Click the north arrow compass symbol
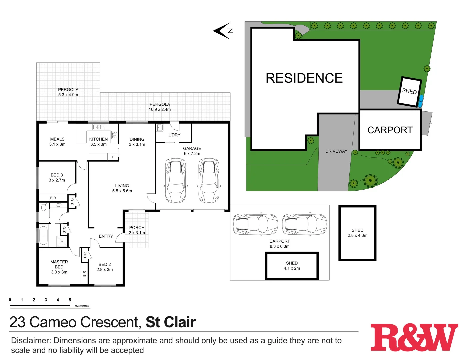(x=223, y=31)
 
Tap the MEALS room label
(x=57, y=139)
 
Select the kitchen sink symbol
(x=99, y=127)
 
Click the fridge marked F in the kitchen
(x=113, y=157)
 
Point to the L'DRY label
(x=174, y=135)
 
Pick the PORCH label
(x=137, y=228)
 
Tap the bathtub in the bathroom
(x=43, y=235)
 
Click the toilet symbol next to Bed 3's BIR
(x=44, y=207)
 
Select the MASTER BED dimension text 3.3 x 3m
(x=59, y=272)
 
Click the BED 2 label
(x=105, y=264)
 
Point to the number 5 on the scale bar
(x=70, y=300)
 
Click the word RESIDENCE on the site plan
(x=304, y=78)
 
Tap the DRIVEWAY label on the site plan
(x=336, y=151)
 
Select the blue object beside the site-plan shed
(x=420, y=101)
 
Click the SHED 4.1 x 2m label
(x=292, y=266)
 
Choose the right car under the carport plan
(x=304, y=224)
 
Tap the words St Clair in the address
(x=171, y=322)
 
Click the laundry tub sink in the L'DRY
(x=160, y=128)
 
